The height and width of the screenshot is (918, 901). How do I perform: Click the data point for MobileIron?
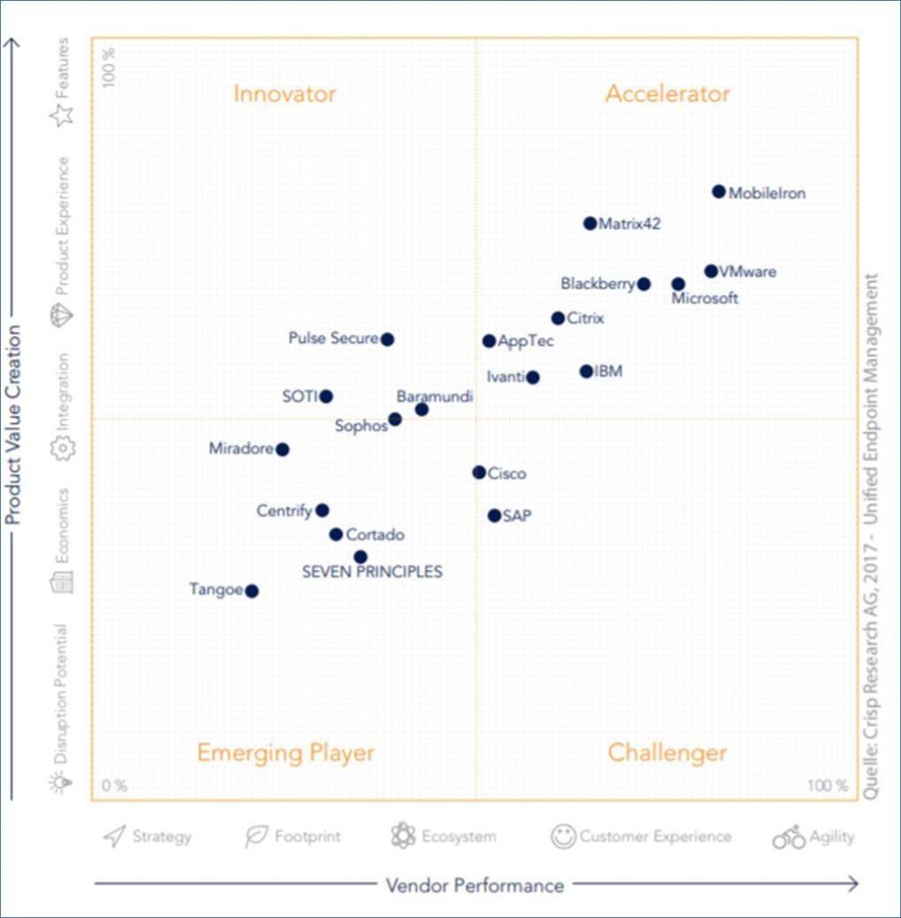pyautogui.click(x=718, y=191)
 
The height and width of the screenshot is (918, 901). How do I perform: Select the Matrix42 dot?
pyautogui.click(x=589, y=223)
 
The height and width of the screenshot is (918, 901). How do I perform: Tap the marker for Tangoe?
pyautogui.click(x=252, y=591)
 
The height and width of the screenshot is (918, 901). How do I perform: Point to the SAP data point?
pyautogui.click(x=493, y=515)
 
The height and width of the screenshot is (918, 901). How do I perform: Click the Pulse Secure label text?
pyautogui.click(x=333, y=339)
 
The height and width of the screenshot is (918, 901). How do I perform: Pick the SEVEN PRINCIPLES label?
pyautogui.click(x=372, y=572)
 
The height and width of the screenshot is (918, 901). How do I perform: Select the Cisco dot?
pyautogui.click(x=479, y=472)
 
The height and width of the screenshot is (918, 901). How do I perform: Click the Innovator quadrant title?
pyautogui.click(x=284, y=94)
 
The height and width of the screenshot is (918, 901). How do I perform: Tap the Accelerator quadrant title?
pyautogui.click(x=667, y=94)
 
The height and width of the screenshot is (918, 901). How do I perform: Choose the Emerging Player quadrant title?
pyautogui.click(x=285, y=753)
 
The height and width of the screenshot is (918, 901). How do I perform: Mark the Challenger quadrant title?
pyautogui.click(x=667, y=753)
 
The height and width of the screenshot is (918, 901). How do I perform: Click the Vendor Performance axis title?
pyautogui.click(x=475, y=886)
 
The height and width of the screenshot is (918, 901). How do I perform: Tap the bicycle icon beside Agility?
pyautogui.click(x=788, y=837)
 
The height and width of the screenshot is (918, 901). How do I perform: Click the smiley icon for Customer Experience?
pyautogui.click(x=563, y=836)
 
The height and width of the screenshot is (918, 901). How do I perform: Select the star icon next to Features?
pyautogui.click(x=62, y=116)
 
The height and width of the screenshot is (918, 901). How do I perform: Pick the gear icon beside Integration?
pyautogui.click(x=62, y=448)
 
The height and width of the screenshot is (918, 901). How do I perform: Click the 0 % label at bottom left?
pyautogui.click(x=114, y=786)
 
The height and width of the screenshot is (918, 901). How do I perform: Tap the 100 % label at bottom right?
pyautogui.click(x=827, y=786)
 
